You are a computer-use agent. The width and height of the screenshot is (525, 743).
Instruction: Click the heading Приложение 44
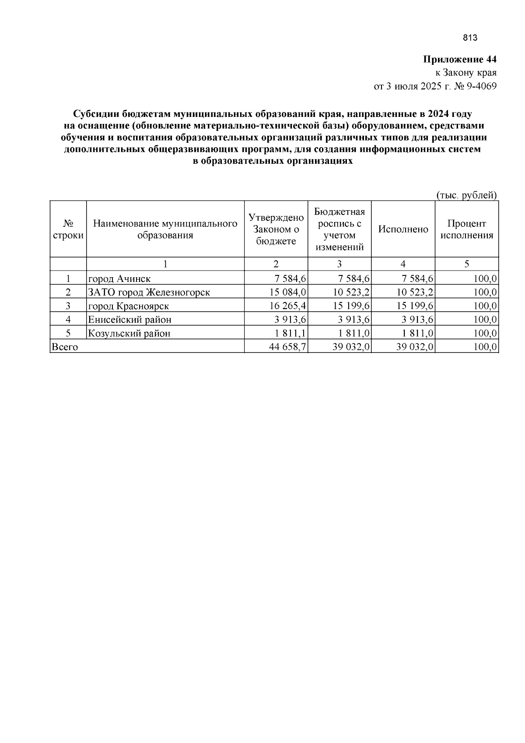pos(459,60)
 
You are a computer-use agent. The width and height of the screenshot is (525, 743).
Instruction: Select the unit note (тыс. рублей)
pos(467,195)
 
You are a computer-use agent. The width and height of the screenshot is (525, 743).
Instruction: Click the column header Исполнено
pos(403,229)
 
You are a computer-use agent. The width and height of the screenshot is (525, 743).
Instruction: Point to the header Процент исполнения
pos(466,229)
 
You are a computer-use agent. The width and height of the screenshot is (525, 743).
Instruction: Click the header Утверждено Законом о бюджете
pos(276,229)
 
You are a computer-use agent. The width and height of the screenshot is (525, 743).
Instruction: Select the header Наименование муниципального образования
pos(165,229)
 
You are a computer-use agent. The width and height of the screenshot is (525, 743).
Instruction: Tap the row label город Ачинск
pos(119,279)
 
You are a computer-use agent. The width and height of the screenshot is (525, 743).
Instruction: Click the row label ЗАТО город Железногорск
pos(149,292)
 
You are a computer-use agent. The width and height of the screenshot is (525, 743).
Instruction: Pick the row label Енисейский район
pos(129,320)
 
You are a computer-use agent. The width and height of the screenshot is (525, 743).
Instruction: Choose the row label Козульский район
pos(129,334)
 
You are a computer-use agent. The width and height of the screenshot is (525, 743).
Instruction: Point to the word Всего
pos(65,347)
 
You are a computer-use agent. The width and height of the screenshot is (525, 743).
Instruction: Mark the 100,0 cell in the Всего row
pos(485,347)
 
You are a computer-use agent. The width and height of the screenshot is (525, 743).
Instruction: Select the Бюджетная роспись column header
pos(339,229)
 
